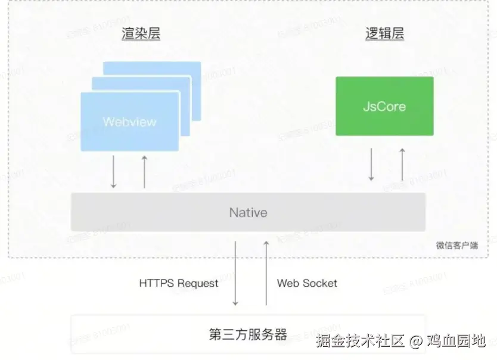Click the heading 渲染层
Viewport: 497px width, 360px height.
140,33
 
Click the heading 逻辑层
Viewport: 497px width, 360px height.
384,33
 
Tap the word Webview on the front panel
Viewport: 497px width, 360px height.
129,122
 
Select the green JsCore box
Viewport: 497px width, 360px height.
384,106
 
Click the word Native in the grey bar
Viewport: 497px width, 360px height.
248,213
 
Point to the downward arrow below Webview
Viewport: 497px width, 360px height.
113,172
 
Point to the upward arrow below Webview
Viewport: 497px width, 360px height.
144,172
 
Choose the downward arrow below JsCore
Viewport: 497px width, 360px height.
371,164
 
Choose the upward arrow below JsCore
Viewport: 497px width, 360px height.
402,164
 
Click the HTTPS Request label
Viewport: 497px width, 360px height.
179,283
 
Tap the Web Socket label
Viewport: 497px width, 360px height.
307,283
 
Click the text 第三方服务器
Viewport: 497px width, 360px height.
248,334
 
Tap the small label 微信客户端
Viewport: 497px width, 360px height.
456,245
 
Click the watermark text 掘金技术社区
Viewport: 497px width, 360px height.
361,342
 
